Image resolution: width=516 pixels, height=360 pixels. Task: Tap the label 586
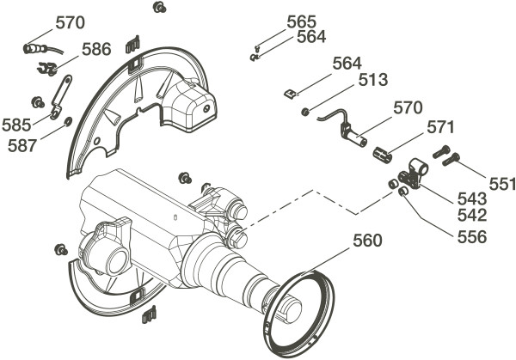(x=96, y=50)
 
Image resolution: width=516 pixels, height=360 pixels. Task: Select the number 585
(x=16, y=125)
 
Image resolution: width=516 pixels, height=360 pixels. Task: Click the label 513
(x=374, y=80)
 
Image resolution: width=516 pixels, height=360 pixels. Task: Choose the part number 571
(x=440, y=128)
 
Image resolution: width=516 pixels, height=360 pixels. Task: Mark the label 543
(x=471, y=198)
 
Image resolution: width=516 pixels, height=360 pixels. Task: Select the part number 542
(x=471, y=216)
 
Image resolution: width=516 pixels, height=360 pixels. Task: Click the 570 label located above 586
(x=71, y=23)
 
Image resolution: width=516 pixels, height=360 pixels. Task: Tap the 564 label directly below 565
(x=311, y=37)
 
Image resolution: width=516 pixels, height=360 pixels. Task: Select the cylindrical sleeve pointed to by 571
(x=383, y=154)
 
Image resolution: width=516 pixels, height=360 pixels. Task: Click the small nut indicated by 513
(x=305, y=112)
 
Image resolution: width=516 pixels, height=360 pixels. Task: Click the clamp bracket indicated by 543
(x=415, y=173)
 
